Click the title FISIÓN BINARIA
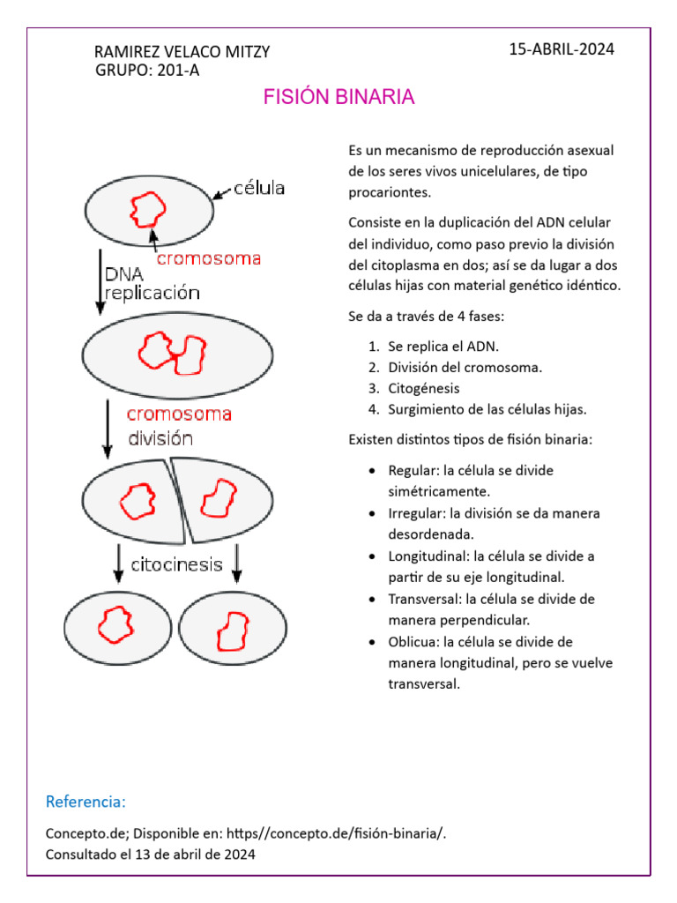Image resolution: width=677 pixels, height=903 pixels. point(338,97)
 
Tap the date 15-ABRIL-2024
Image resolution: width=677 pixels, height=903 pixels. point(562,49)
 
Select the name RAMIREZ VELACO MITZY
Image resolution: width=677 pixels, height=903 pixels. point(182,53)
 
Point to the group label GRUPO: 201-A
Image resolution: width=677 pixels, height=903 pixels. point(146,71)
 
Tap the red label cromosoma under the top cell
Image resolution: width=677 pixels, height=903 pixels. point(208,258)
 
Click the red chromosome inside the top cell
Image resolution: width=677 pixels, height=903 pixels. point(147,210)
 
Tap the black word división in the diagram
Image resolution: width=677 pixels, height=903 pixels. point(160,437)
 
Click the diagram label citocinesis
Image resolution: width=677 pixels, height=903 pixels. point(176,564)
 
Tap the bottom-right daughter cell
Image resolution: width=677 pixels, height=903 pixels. point(234,627)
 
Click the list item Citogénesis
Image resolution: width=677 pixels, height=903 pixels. point(423,388)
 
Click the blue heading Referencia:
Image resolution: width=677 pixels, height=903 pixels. point(86,802)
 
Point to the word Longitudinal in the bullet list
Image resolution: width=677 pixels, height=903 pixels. point(428,556)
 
